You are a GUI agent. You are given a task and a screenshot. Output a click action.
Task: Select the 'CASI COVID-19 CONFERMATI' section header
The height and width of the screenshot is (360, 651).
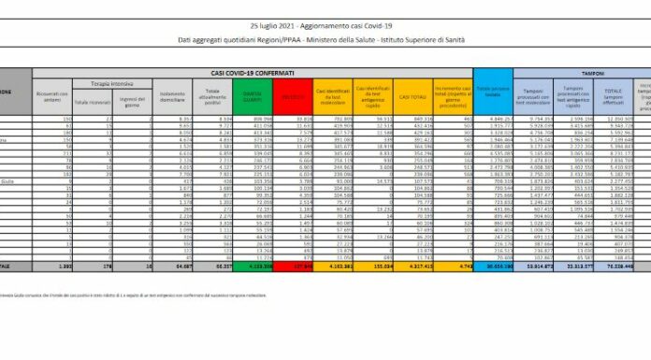pyautogui.click(x=253, y=72)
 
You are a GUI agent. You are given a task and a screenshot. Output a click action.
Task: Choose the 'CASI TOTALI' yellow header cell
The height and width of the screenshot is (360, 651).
pyautogui.click(x=409, y=95)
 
